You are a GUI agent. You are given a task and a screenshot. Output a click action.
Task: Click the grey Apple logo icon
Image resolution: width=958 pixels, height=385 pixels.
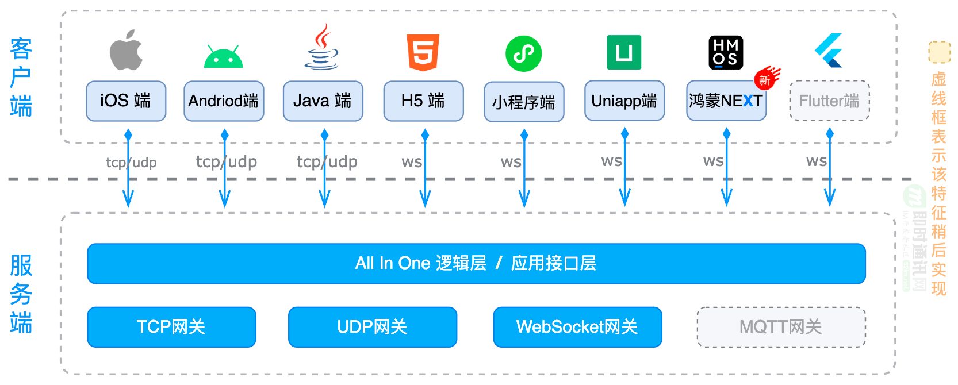126,51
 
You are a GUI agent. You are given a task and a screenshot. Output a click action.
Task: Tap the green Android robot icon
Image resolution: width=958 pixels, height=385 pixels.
223,56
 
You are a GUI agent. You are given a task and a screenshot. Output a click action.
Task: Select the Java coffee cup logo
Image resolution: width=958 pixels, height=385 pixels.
321,48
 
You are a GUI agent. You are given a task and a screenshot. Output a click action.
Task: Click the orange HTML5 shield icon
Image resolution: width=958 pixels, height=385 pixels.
423,52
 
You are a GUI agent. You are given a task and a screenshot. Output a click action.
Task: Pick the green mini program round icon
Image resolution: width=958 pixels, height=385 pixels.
523,54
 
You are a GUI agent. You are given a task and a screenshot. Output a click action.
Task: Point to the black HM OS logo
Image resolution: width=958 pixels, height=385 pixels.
726,52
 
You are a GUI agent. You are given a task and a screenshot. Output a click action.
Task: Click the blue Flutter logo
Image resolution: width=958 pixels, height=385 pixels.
829,51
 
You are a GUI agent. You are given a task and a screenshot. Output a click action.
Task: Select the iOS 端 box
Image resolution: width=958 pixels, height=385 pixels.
126,101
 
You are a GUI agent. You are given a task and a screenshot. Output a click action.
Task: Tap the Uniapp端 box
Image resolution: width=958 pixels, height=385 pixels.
624,101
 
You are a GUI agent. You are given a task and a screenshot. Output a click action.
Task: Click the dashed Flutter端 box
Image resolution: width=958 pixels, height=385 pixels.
829,101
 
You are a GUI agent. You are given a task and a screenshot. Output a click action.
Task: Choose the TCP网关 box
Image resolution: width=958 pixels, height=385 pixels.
171,327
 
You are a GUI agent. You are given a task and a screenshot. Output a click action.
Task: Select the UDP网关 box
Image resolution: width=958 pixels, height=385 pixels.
372,327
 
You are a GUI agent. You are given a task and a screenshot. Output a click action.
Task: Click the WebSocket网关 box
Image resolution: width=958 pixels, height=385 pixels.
577,327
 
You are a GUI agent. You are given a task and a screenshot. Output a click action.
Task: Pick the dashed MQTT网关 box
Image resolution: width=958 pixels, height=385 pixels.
781,327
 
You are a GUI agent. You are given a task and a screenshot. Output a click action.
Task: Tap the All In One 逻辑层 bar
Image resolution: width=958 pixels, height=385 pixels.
476,264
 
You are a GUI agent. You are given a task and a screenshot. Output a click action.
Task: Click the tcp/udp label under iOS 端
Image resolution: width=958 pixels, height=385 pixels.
131,163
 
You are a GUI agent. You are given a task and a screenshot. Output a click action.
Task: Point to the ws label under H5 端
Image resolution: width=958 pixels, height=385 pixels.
412,163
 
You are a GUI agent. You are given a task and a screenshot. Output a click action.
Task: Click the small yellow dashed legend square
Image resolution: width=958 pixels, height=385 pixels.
939,52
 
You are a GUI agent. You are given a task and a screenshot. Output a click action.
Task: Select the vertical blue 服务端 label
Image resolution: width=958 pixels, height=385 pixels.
21,294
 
